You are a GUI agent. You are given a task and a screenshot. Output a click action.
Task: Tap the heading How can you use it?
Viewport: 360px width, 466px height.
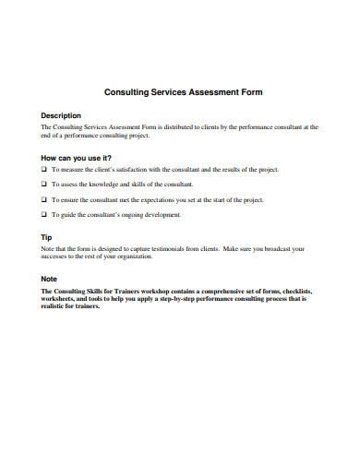coord(83,157)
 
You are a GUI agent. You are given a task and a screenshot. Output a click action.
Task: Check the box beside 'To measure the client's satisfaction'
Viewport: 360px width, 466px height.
coord(44,170)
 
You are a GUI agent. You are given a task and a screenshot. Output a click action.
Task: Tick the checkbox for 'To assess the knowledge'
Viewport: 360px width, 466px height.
coord(44,185)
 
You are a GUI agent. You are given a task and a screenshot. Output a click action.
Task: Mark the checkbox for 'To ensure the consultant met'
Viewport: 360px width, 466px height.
coord(44,199)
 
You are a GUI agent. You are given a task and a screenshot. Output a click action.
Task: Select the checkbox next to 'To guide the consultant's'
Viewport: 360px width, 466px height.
coord(44,214)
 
